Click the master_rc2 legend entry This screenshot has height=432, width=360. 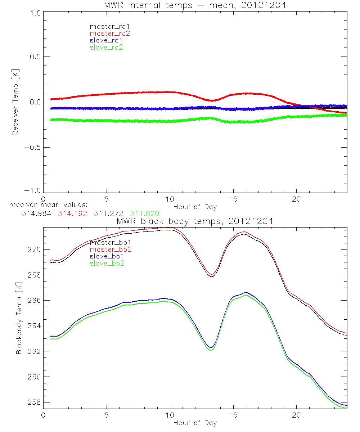click(110, 33)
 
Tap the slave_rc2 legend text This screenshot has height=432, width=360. click(106, 47)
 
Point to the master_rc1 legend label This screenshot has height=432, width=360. click(109, 27)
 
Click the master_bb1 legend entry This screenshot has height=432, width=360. click(110, 243)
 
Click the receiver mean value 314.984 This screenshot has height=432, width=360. click(36, 213)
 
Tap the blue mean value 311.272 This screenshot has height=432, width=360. click(108, 213)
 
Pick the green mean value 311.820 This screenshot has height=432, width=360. click(145, 213)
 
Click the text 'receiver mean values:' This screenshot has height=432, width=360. click(46, 205)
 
